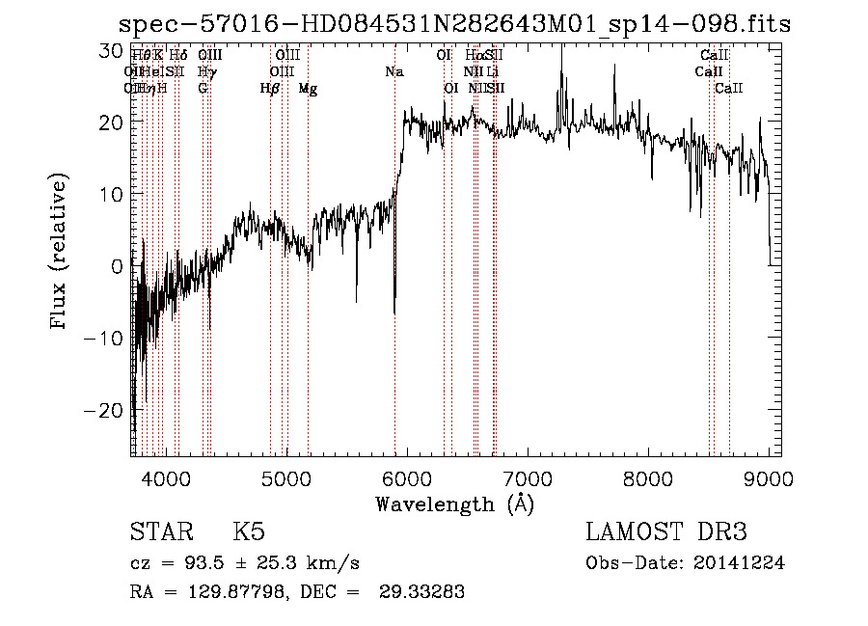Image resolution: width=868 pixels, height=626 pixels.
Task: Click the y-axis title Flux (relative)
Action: point(60,253)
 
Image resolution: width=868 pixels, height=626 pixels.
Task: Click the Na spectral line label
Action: point(394,72)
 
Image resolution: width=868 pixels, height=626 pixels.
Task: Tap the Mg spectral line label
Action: point(308,89)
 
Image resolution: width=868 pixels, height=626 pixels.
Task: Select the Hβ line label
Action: point(270,89)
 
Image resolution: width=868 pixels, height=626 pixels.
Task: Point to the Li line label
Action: point(493,72)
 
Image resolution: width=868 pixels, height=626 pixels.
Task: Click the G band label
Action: point(203,89)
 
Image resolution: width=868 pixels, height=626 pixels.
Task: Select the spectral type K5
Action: point(249,533)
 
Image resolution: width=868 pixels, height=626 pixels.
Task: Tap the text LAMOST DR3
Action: point(666,533)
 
